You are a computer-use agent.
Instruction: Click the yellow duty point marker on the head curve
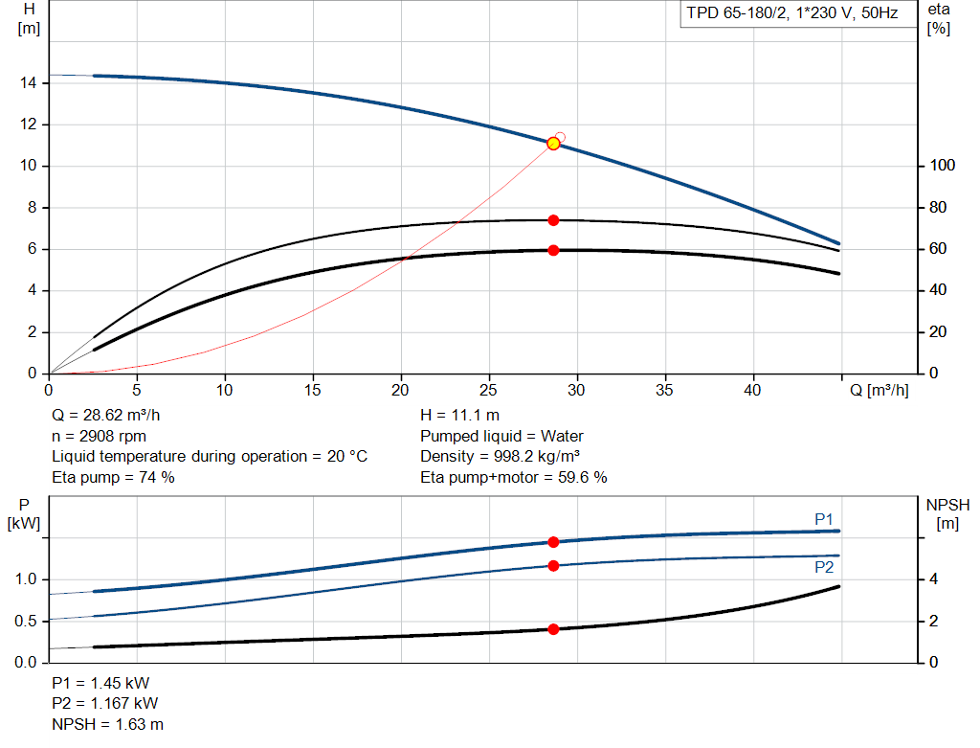point(553,144)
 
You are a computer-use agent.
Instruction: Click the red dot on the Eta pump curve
point(553,220)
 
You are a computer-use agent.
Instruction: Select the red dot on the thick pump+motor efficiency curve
point(553,250)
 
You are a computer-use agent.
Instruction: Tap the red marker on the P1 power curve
point(553,542)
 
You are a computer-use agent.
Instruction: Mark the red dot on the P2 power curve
point(553,566)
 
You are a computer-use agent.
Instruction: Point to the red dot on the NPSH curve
point(553,629)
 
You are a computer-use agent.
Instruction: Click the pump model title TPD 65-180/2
point(791,14)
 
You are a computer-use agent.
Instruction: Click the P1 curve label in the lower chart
point(824,519)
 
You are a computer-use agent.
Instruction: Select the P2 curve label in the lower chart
point(824,567)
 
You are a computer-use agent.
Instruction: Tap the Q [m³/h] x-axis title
point(880,391)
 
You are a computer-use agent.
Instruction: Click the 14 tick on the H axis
point(29,83)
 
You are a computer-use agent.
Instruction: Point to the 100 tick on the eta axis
point(942,167)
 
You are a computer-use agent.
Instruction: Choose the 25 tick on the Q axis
point(490,391)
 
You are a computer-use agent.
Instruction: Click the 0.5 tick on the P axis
point(26,622)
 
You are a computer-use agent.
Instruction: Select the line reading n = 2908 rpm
point(100,436)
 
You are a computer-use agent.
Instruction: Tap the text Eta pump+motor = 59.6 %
point(514,477)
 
